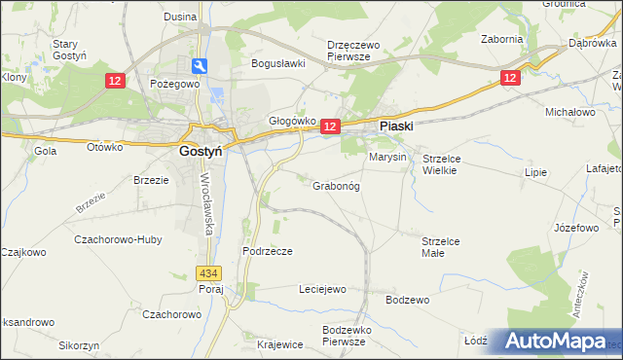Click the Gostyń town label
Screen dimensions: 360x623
pyautogui.click(x=203, y=151)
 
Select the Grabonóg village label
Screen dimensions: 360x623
pyautogui.click(x=336, y=186)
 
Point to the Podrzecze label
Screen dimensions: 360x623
pyautogui.click(x=267, y=250)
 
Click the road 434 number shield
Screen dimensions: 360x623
pyautogui.click(x=205, y=274)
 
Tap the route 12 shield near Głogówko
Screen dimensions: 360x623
pyautogui.click(x=330, y=126)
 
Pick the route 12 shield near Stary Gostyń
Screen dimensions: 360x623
pyautogui.click(x=115, y=82)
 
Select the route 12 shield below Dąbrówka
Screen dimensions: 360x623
pyautogui.click(x=510, y=77)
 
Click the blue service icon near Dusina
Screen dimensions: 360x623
pyautogui.click(x=200, y=65)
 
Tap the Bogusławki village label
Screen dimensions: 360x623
pyautogui.click(x=278, y=63)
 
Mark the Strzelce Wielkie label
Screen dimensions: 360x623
pyautogui.click(x=446, y=163)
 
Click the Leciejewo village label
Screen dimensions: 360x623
pyautogui.click(x=322, y=289)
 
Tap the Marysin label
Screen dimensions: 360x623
pyautogui.click(x=387, y=157)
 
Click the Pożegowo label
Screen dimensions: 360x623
pyautogui.click(x=175, y=84)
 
